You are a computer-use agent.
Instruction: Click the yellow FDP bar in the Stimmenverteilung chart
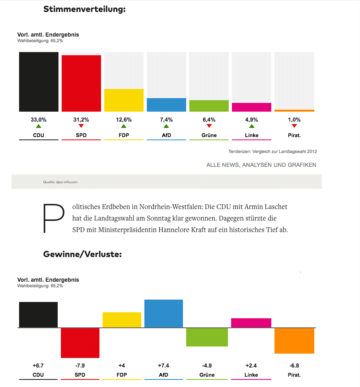coord(124,100)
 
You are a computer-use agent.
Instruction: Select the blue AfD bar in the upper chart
coord(166,105)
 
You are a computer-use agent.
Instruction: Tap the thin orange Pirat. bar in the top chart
coord(294,110)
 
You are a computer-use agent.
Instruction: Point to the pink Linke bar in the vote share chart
coord(251,107)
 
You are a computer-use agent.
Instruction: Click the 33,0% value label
coord(39,120)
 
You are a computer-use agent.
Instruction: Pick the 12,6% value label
coord(124,120)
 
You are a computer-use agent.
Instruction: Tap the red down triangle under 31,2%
coord(81,126)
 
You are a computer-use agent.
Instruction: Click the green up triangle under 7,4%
coord(166,126)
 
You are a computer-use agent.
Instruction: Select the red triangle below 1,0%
coord(294,126)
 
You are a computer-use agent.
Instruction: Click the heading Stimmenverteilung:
coord(84,9)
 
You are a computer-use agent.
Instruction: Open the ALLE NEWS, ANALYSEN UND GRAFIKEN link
coord(261,165)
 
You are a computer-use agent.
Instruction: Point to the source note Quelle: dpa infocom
coord(60,182)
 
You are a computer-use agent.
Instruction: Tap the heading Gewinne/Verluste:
coord(82,254)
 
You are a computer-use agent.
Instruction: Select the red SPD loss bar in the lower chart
coord(80,343)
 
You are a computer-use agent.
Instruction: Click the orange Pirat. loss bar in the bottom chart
coord(294,341)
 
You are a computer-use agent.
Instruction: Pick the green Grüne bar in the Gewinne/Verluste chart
coord(207,337)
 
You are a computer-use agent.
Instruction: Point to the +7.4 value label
coord(163,366)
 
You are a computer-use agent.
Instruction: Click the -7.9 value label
coord(80,366)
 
